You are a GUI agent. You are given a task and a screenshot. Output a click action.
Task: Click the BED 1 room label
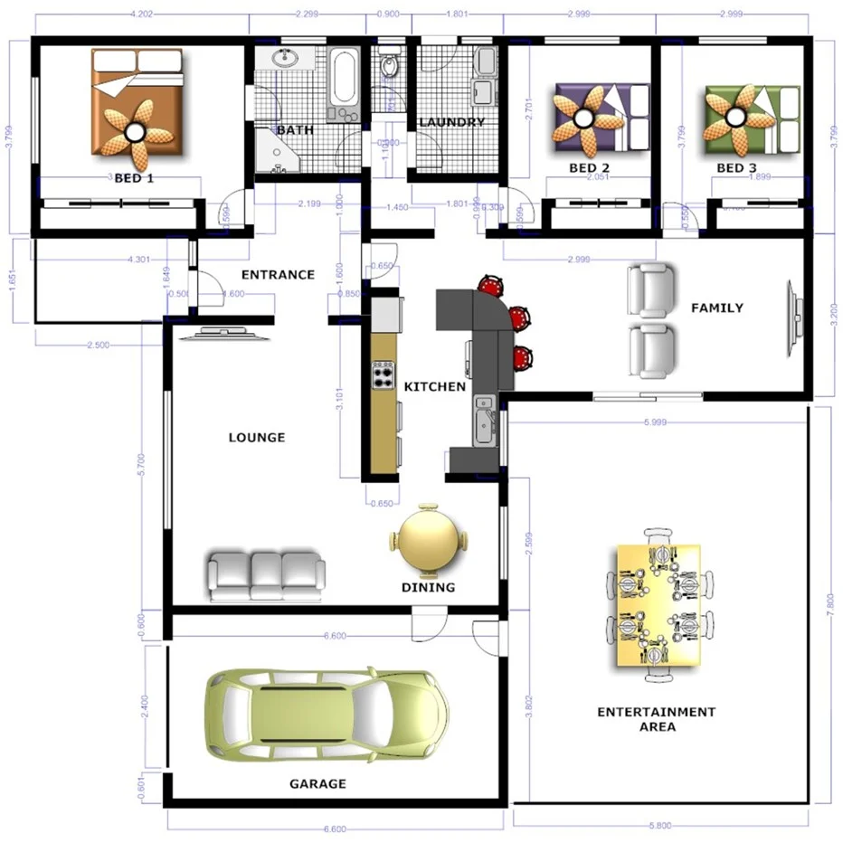(x=134, y=178)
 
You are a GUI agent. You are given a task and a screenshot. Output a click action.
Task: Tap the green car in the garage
(x=326, y=715)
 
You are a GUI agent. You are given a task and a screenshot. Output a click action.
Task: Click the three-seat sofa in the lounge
(x=266, y=575)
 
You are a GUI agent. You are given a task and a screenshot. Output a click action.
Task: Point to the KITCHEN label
(x=434, y=386)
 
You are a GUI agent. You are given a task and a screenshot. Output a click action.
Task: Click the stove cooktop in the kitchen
(x=384, y=374)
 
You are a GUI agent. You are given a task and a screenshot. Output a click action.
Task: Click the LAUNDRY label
(x=451, y=122)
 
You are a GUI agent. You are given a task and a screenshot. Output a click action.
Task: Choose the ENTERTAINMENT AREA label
(x=656, y=719)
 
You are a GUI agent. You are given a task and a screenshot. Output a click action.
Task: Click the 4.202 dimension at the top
(x=145, y=14)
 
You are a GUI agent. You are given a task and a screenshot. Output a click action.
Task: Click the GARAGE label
(x=317, y=783)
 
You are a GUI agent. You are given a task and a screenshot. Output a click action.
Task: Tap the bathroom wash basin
(x=288, y=59)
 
